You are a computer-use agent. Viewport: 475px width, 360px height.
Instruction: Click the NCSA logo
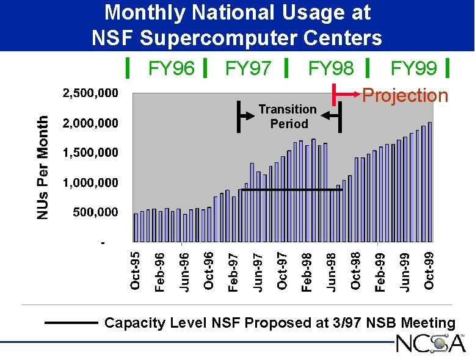pyautogui.click(x=430, y=344)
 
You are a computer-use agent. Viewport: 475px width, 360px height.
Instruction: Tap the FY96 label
pyautogui.click(x=172, y=68)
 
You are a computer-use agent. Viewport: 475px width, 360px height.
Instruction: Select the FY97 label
pyautogui.click(x=248, y=68)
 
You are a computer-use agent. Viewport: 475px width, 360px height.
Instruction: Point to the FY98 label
pyautogui.click(x=330, y=68)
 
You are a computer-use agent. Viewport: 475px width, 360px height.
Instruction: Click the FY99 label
pyautogui.click(x=413, y=68)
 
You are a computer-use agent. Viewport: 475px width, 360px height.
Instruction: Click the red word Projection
pyautogui.click(x=405, y=96)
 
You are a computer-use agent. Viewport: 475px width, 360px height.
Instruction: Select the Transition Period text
pyautogui.click(x=288, y=117)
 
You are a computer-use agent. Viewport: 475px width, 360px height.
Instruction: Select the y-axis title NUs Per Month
pyautogui.click(x=42, y=167)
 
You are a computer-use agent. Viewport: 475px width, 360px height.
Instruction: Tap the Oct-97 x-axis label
pyautogui.click(x=282, y=270)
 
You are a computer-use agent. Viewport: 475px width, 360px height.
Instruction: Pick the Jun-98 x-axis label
pyautogui.click(x=331, y=270)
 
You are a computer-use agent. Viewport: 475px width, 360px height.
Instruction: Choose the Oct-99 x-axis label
pyautogui.click(x=429, y=270)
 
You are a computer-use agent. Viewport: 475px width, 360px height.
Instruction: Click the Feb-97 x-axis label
pyautogui.click(x=233, y=270)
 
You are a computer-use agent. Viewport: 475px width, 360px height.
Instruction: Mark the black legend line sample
pyautogui.click(x=71, y=323)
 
